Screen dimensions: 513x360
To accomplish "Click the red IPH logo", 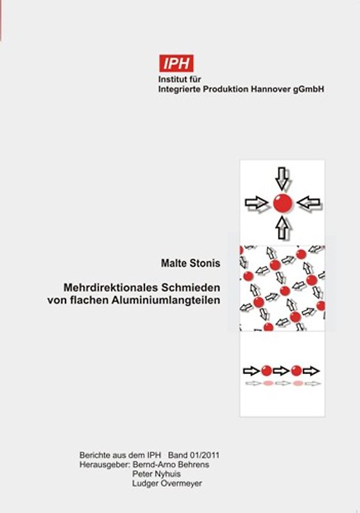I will [x=176, y=63].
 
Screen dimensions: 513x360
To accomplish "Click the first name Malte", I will [x=173, y=263].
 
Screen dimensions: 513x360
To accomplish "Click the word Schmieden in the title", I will [x=185, y=288].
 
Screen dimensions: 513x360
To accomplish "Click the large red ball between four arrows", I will [x=282, y=203].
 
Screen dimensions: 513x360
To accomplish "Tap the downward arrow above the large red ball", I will [x=282, y=176].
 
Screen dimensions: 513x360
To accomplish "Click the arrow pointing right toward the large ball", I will [x=257, y=203].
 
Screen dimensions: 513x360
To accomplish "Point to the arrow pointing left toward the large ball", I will [x=309, y=203].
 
